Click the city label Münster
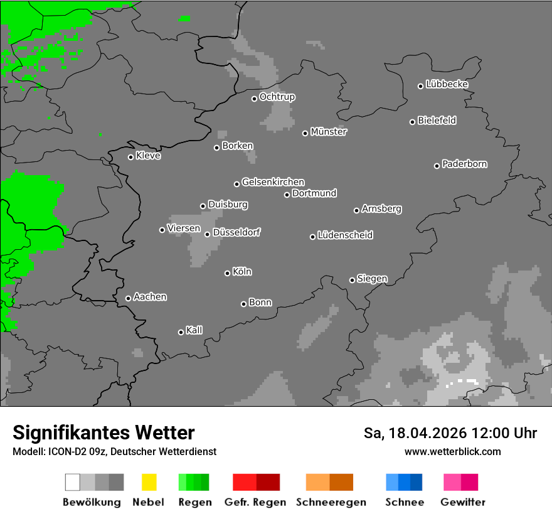click(329, 132)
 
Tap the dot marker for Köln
click(227, 273)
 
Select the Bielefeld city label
click(437, 121)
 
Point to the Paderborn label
click(464, 164)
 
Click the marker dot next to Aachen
click(128, 298)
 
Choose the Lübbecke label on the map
click(447, 84)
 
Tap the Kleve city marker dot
click(130, 157)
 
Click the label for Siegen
click(372, 279)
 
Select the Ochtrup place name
click(277, 97)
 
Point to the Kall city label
click(194, 330)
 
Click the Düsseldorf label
click(236, 232)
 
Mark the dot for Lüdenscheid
click(312, 237)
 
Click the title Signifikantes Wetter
click(103, 433)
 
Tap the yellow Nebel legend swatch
click(149, 482)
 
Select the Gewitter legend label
click(463, 502)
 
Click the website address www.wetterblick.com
click(452, 451)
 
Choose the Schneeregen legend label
click(331, 502)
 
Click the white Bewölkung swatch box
click(73, 482)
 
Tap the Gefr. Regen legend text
click(255, 502)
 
